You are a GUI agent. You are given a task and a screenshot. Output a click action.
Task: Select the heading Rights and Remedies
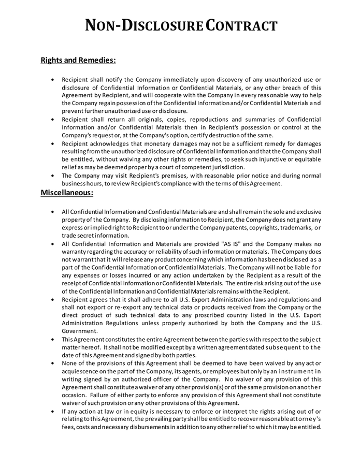pos(78,60)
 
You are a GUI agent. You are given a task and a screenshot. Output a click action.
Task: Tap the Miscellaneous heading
pos(67,193)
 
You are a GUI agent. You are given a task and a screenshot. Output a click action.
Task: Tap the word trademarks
pos(292,228)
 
